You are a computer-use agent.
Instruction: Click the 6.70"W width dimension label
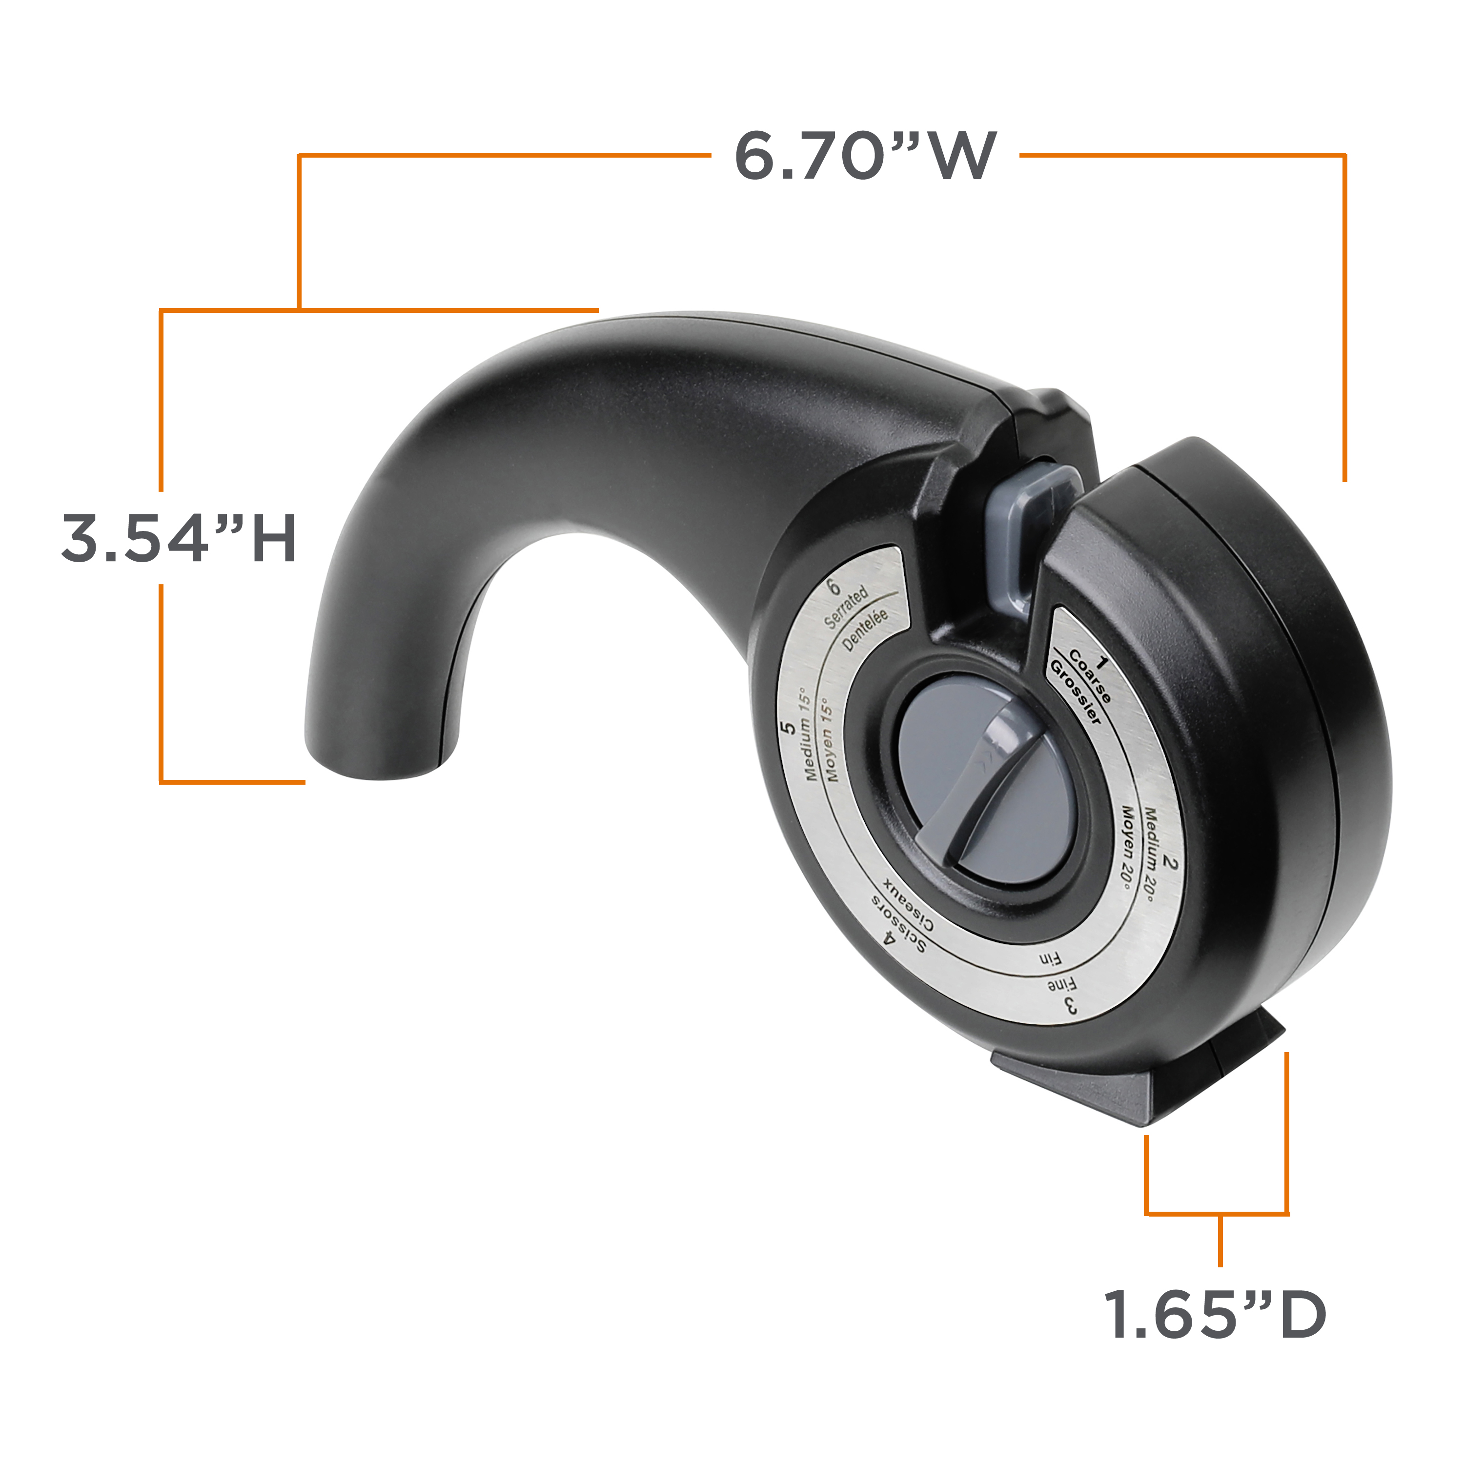point(865,156)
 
